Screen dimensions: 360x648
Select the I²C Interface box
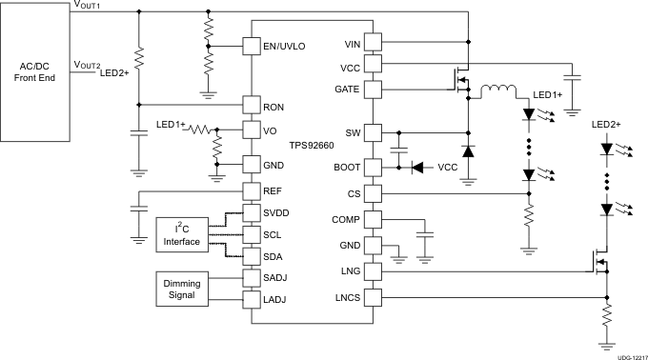click(x=182, y=234)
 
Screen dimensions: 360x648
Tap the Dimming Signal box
click(x=182, y=288)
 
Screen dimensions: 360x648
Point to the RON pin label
click(x=274, y=106)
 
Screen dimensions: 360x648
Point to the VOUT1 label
click(x=88, y=7)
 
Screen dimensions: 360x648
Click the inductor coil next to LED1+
click(x=497, y=92)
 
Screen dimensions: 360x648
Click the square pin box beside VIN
click(x=374, y=44)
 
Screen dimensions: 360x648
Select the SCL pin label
click(x=274, y=234)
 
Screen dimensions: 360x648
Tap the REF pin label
click(x=274, y=191)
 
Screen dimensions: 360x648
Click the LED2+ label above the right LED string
click(x=606, y=125)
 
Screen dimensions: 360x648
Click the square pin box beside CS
click(x=374, y=193)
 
